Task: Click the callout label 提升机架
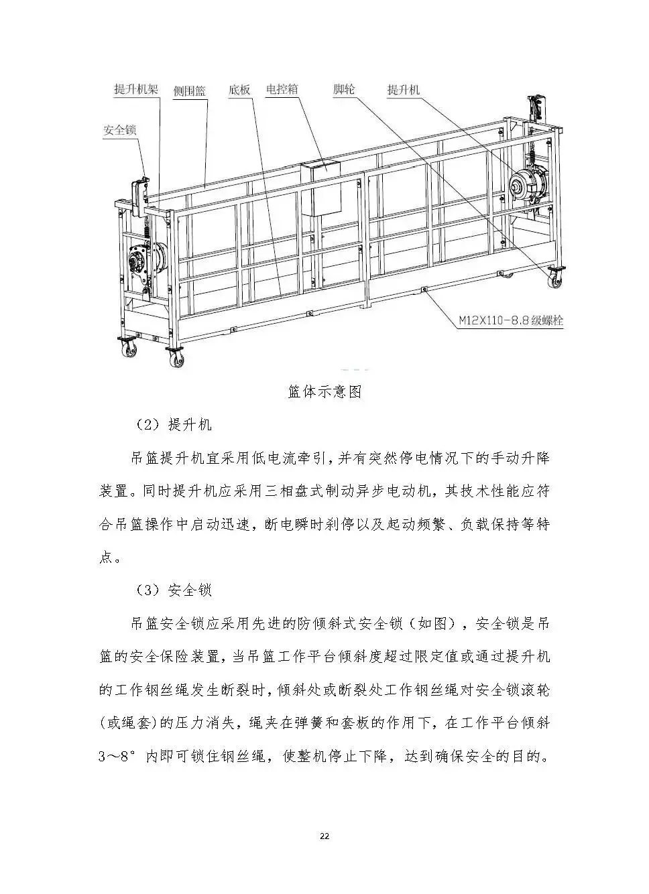click(x=136, y=89)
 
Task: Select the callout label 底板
click(x=239, y=90)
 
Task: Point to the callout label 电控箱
click(x=282, y=89)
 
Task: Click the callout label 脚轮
click(x=344, y=89)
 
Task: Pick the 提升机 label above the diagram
click(x=404, y=89)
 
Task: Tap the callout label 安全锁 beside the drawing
click(x=120, y=130)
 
